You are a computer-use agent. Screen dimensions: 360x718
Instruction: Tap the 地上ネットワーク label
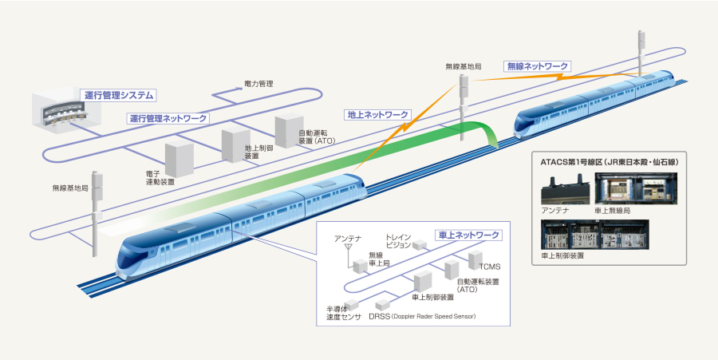tap(378, 115)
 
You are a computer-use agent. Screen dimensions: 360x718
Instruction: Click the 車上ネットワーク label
tap(470, 235)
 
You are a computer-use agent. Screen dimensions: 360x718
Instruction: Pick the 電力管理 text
tap(258, 83)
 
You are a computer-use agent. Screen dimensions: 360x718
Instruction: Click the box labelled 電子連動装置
tap(179, 160)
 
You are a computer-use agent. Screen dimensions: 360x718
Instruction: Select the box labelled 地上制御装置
tap(233, 144)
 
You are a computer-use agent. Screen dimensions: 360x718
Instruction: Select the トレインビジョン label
tap(397, 240)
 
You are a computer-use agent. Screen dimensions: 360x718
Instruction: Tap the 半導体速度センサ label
tap(344, 312)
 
